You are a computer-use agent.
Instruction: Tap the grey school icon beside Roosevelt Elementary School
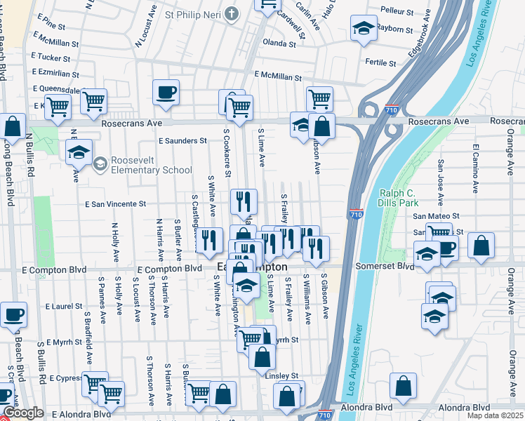tap(101, 164)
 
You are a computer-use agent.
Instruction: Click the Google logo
tap(23, 413)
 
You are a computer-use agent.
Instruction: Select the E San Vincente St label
tap(115, 204)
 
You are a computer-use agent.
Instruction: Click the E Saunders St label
tap(182, 140)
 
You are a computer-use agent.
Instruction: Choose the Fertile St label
tap(381, 62)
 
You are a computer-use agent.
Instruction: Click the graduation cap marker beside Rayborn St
tap(363, 28)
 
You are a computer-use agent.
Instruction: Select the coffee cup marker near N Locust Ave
tap(166, 92)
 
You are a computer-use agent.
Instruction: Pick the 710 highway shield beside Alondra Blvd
tap(325, 415)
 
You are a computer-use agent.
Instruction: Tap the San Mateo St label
tap(435, 217)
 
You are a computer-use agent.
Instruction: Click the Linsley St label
tap(282, 376)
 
